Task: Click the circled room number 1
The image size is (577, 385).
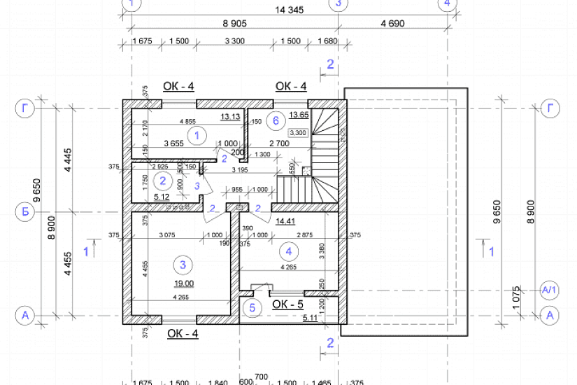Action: (x=197, y=135)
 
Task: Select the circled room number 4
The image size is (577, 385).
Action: (x=285, y=250)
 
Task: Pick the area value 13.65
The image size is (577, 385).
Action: (x=299, y=115)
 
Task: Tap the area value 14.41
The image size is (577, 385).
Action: (x=285, y=221)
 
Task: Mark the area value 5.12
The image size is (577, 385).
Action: (x=163, y=197)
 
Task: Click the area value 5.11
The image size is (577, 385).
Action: (x=310, y=318)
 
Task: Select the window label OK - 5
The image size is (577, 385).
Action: (x=288, y=304)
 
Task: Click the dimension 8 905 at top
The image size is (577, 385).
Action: (x=234, y=23)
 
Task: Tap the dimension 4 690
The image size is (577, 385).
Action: (x=392, y=23)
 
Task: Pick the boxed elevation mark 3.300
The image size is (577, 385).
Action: (x=298, y=132)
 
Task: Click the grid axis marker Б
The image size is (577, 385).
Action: (x=25, y=211)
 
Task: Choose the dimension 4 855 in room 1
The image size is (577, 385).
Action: (x=187, y=122)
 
